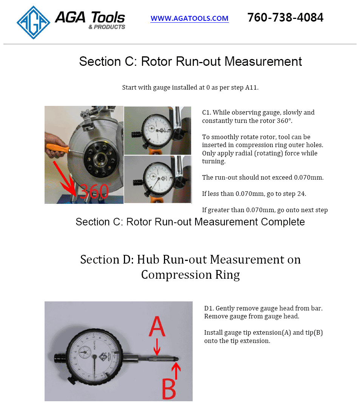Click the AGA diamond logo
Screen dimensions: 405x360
33,22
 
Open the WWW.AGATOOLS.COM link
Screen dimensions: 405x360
189,18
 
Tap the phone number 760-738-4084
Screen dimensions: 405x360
285,17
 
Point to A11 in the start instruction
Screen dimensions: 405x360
250,87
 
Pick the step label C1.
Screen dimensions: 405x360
206,112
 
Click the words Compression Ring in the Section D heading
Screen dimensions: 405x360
190,275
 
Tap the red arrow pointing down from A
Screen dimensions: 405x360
157,347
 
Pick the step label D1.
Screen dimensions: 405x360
209,308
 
